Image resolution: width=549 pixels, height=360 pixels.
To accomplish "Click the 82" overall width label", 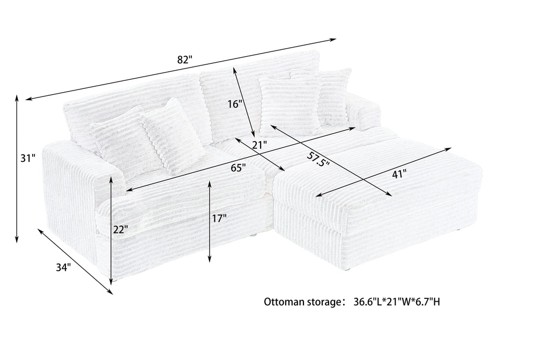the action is tap(185, 59).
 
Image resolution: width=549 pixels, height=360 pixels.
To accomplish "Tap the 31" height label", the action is tap(28, 159).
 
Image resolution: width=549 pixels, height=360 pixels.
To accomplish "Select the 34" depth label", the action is tap(63, 268).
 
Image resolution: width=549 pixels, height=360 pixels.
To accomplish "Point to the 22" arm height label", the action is tap(121, 229).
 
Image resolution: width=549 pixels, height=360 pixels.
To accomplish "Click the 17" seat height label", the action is tap(219, 219).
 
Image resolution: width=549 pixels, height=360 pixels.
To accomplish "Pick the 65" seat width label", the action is tap(238, 168).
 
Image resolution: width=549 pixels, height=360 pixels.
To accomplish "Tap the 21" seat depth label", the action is tap(259, 144).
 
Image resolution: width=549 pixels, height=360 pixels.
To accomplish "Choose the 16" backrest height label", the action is tap(235, 104).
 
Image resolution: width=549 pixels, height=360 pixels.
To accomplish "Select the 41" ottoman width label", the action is tap(399, 174).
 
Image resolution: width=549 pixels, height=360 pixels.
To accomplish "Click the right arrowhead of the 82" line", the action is tap(333, 40).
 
